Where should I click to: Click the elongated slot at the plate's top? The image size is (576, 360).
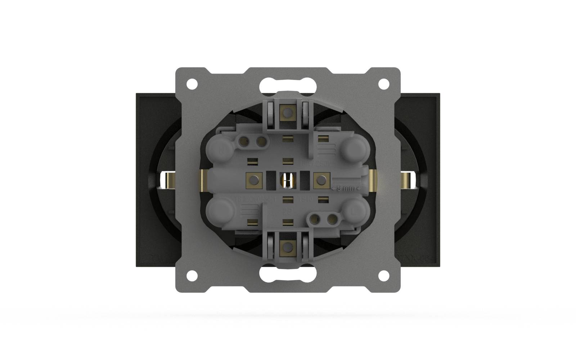click(288, 85)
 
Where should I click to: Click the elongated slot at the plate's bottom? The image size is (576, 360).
click(288, 275)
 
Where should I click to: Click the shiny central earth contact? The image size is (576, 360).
click(288, 180)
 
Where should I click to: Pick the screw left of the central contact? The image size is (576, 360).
click(254, 179)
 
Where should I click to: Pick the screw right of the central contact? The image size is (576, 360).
click(321, 179)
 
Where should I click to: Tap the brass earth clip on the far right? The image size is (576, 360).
click(408, 180)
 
